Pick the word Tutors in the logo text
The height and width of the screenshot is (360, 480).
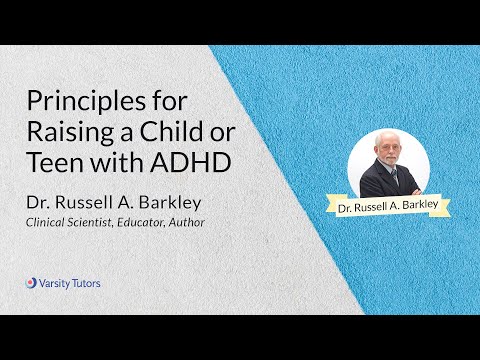tap(86, 283)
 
